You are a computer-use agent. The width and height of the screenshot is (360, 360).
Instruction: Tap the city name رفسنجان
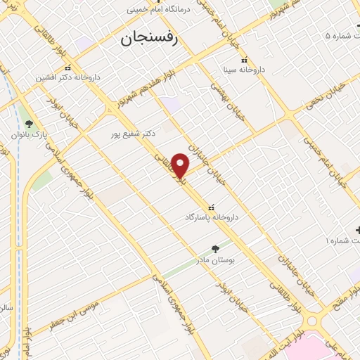coord(150,39)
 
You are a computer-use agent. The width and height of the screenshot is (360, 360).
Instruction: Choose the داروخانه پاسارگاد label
coord(212,217)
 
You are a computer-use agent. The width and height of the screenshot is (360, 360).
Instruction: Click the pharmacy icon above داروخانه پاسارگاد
coord(212,207)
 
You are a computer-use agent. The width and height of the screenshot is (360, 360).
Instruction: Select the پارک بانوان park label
coord(29,134)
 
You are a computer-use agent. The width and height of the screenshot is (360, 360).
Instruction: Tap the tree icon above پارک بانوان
coord(29,123)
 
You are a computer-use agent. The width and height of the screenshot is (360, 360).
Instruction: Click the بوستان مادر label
coord(215,260)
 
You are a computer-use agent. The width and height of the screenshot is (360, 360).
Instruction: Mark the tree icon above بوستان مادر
coord(215,248)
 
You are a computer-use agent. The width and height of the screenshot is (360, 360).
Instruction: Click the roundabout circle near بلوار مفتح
coord(314,322)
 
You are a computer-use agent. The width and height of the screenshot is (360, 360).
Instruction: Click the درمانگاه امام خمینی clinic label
coord(159,11)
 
